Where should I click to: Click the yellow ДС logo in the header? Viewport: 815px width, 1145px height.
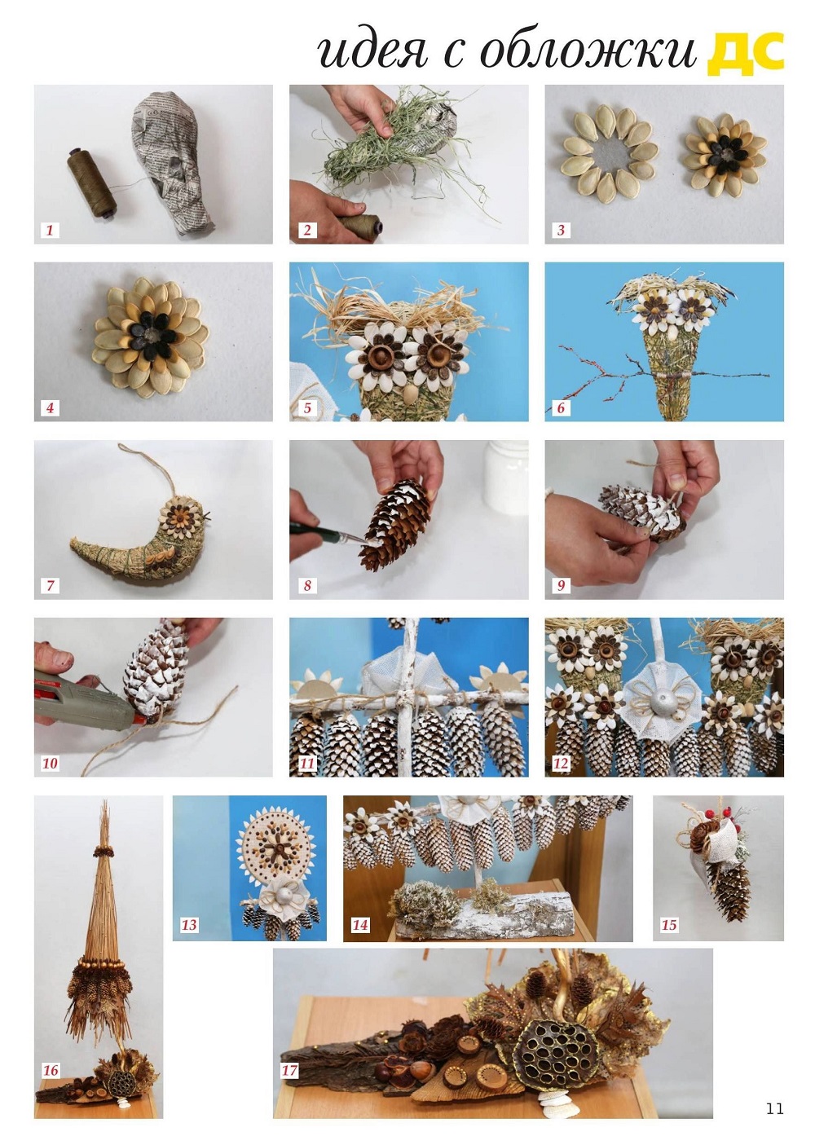[x=745, y=51]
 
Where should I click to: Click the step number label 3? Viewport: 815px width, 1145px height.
[x=561, y=230]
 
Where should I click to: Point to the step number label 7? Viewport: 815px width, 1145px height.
[x=50, y=585]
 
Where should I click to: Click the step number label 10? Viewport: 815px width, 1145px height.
[x=50, y=763]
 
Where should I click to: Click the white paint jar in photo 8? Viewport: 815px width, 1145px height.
[x=506, y=482]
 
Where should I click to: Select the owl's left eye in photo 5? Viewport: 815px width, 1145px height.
[x=379, y=350]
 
